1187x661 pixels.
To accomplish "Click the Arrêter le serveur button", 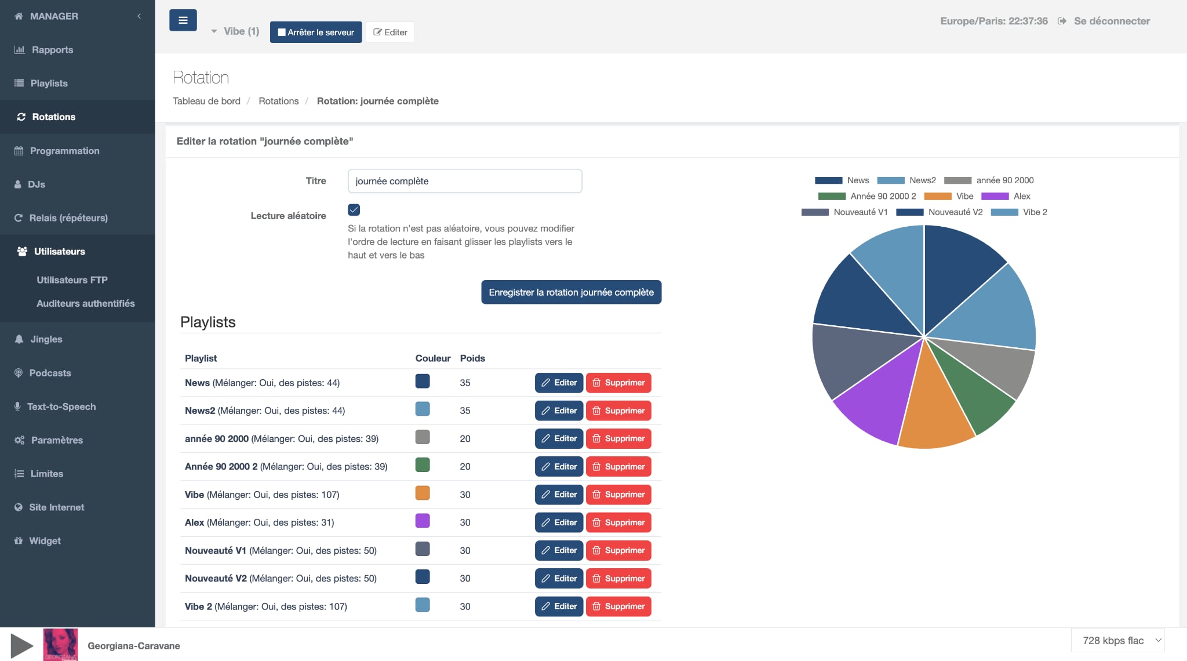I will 316,32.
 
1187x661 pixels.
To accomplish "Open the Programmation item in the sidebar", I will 64,151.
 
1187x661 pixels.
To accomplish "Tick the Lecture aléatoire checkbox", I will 354,210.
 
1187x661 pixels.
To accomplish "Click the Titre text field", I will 464,181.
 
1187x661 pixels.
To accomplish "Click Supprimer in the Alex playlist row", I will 618,522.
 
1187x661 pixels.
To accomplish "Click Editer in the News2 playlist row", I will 559,411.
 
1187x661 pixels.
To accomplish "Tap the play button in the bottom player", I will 22,645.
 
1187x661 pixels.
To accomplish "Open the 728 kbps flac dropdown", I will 1117,640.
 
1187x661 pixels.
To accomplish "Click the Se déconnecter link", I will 1111,21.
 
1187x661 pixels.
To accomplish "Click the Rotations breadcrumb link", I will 278,101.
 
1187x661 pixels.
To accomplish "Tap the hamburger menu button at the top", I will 183,20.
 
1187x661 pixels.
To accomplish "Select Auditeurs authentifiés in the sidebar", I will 85,303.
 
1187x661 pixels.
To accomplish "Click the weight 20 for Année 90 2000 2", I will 465,466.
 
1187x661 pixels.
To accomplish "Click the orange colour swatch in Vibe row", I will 423,493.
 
